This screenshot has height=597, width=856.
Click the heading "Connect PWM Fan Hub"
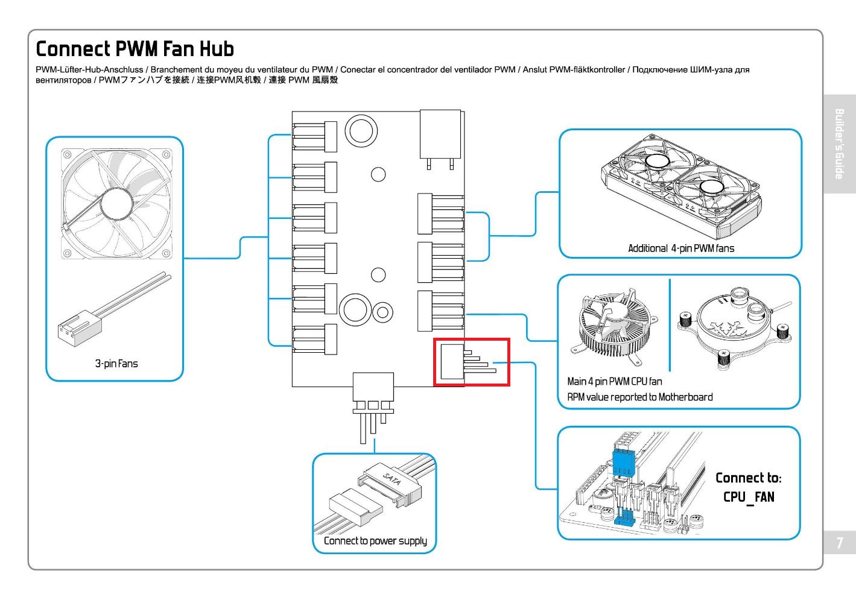(135, 49)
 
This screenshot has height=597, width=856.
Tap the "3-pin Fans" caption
(116, 364)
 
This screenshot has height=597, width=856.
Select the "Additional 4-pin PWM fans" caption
(681, 248)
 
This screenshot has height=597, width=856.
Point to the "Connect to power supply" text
(375, 541)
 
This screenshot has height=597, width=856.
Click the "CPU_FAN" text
(749, 497)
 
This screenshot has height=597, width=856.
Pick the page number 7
(839, 543)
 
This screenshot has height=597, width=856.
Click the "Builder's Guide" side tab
(839, 144)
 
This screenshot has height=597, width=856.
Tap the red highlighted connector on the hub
(472, 362)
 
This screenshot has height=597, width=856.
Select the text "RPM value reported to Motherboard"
(639, 397)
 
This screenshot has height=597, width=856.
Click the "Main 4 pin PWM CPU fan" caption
(614, 382)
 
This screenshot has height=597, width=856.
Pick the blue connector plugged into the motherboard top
(624, 461)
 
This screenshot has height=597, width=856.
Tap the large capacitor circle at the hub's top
(361, 130)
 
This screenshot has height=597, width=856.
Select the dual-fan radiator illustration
(680, 185)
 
